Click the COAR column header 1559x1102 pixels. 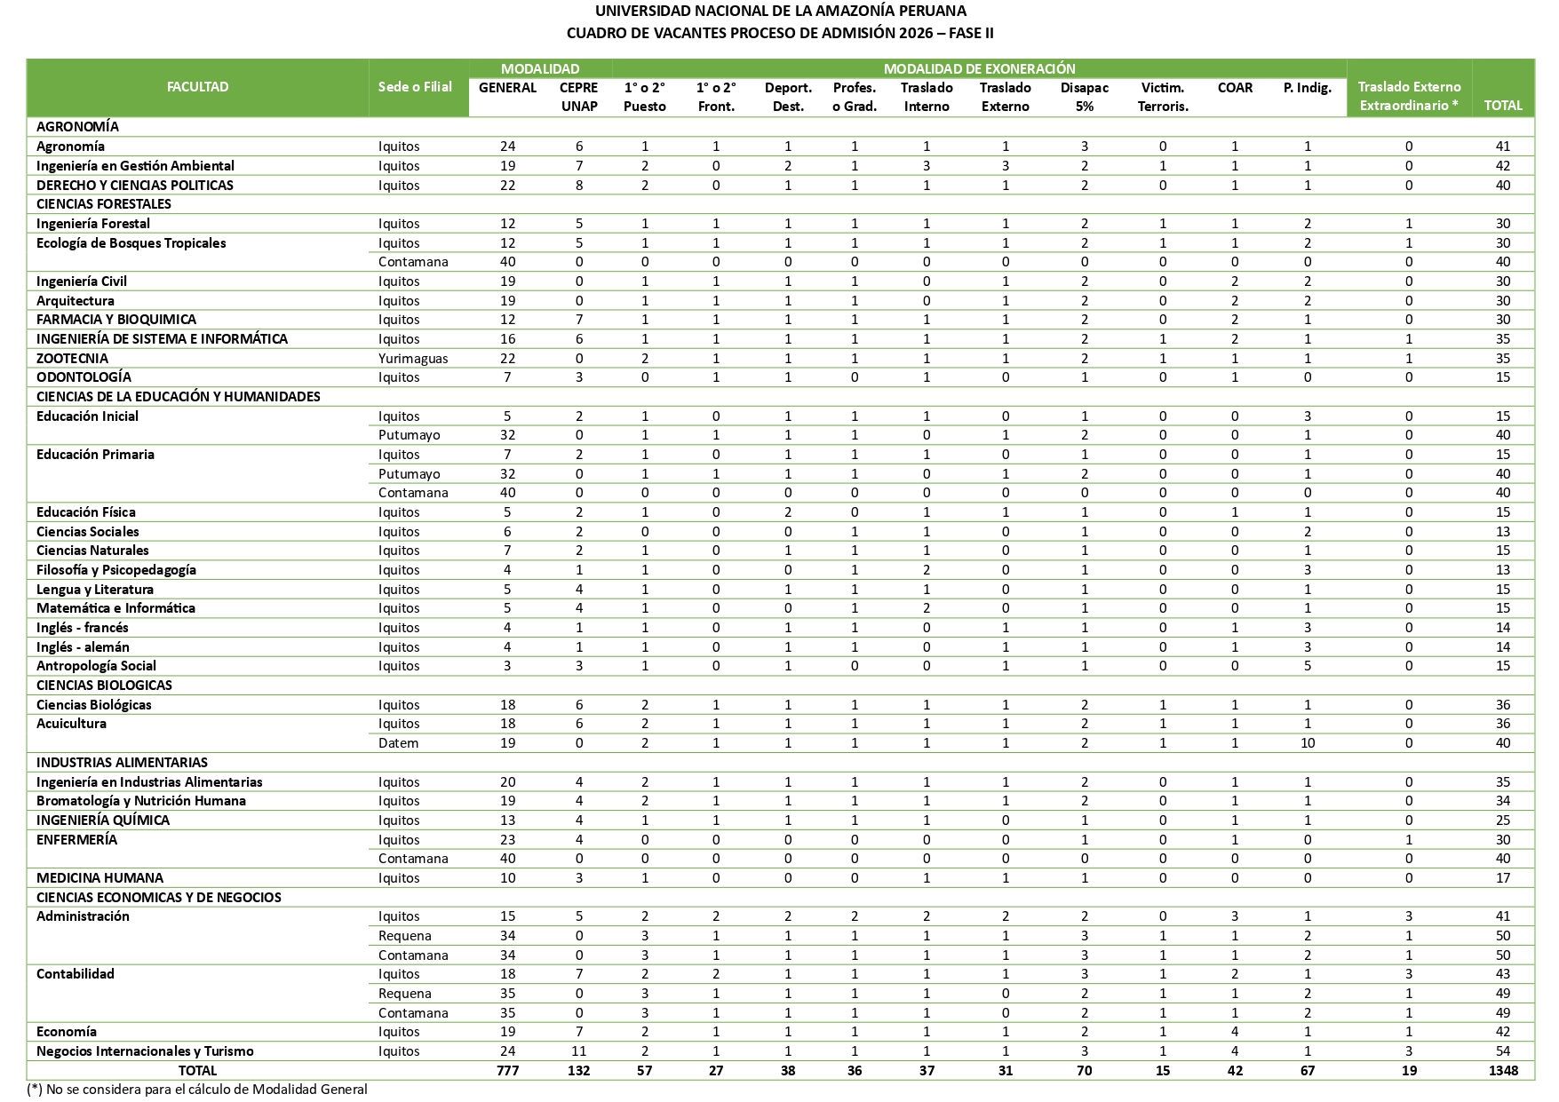(x=1235, y=88)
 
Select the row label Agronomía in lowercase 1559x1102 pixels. (x=70, y=147)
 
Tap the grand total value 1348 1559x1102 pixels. (x=1502, y=1071)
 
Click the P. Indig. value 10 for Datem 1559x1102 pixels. (x=1307, y=743)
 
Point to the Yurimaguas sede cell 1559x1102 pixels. (x=413, y=359)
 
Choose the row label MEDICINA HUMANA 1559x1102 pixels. (x=99, y=878)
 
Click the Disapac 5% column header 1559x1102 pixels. (x=1084, y=97)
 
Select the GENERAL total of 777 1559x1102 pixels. (x=507, y=1071)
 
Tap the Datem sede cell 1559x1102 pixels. (x=398, y=743)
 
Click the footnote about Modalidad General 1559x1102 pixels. (x=197, y=1090)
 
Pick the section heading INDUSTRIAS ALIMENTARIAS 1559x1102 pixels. (x=122, y=763)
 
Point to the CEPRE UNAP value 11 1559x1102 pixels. (x=578, y=1051)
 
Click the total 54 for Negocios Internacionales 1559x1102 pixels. (x=1502, y=1051)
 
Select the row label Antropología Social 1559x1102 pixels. (x=96, y=666)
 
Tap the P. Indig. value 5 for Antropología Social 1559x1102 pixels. (x=1307, y=666)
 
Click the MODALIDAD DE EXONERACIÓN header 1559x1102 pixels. (x=979, y=68)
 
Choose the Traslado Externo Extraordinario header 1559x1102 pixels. (x=1409, y=97)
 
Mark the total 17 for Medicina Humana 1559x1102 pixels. (x=1502, y=878)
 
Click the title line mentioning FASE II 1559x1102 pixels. (x=780, y=34)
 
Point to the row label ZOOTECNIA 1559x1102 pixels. (x=72, y=359)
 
